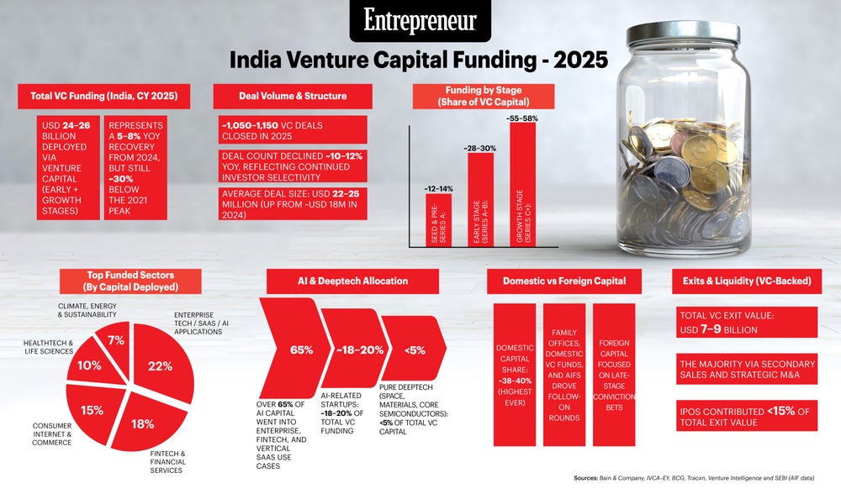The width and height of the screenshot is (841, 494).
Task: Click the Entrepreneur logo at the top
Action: click(420, 21)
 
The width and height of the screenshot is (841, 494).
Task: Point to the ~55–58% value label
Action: click(523, 118)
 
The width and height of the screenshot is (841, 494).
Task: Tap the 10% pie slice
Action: click(91, 365)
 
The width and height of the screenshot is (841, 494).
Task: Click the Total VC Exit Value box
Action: click(747, 323)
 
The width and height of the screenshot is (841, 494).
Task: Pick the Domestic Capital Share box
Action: click(515, 374)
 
